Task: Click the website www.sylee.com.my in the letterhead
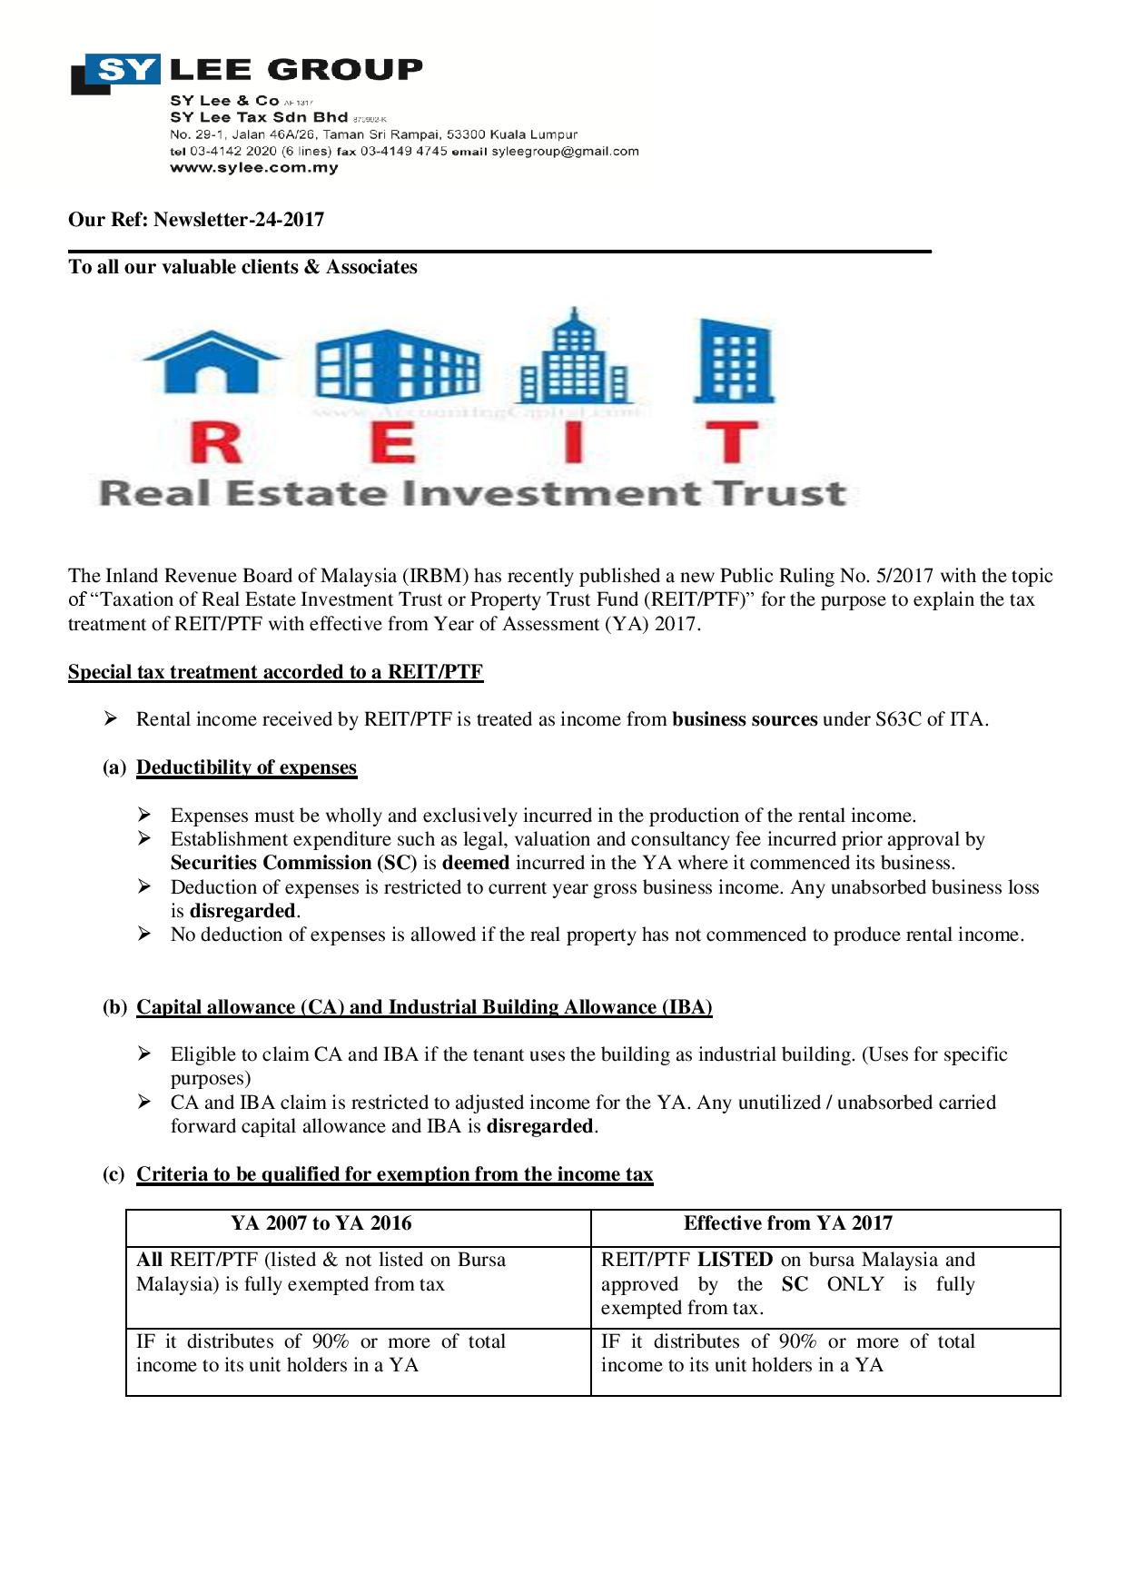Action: [x=253, y=168]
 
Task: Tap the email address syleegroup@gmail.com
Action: [x=565, y=152]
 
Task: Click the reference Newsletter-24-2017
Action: [x=239, y=220]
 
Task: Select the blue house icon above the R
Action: [x=212, y=361]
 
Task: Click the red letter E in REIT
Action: [x=393, y=442]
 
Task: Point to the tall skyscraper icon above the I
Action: [x=572, y=357]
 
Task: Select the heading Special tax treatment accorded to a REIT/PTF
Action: [x=275, y=672]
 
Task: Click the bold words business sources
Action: [x=745, y=719]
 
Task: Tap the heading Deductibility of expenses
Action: [x=246, y=767]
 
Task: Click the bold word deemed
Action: [x=475, y=863]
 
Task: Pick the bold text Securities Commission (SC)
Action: [x=293, y=863]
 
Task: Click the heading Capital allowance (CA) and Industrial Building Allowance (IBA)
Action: [x=424, y=1007]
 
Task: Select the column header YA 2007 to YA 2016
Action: [x=321, y=1223]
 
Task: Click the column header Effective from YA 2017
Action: [x=787, y=1223]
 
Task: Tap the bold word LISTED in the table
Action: [x=735, y=1260]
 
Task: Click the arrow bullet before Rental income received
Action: [x=111, y=719]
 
